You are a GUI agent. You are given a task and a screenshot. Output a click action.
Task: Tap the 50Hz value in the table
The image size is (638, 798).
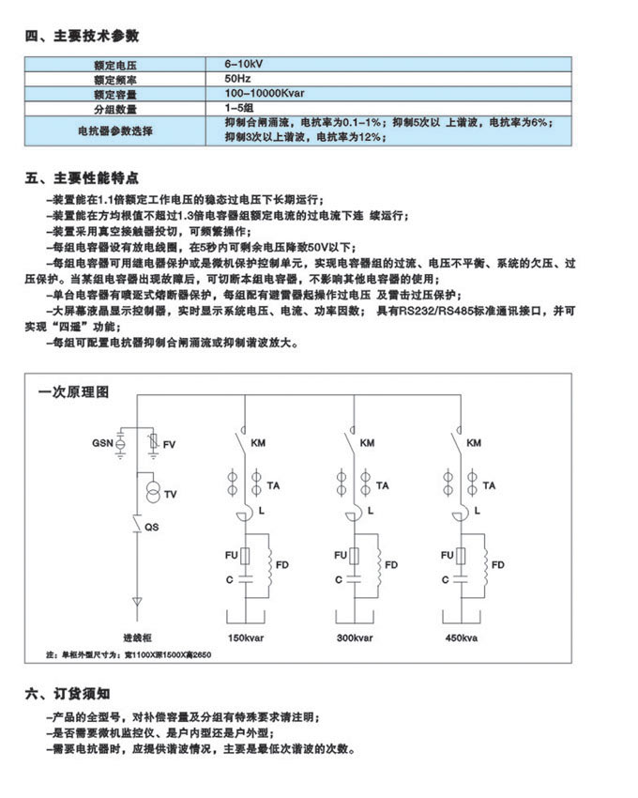(235, 79)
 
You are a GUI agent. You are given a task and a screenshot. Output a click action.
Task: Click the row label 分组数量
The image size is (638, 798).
(115, 111)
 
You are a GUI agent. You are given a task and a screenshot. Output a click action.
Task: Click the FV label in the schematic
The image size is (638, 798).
(169, 443)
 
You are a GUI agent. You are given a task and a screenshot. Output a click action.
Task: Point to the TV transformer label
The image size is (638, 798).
(170, 494)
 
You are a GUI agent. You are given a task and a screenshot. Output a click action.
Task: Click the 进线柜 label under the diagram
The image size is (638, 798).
(138, 637)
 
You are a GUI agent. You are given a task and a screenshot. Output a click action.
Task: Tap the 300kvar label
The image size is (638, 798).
(355, 637)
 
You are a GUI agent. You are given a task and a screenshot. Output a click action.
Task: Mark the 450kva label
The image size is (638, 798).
(461, 637)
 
